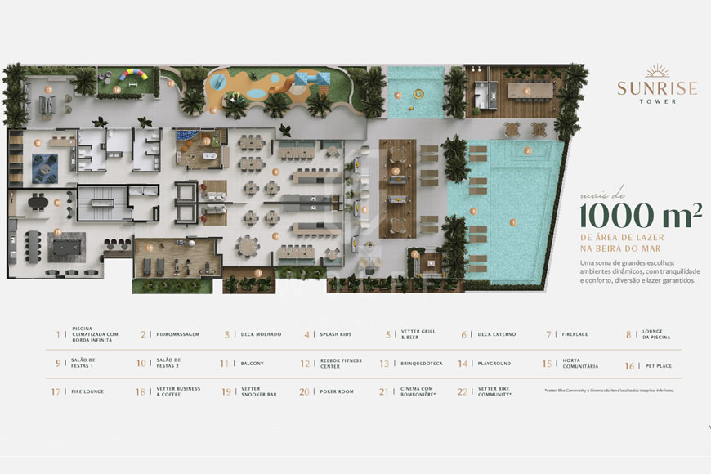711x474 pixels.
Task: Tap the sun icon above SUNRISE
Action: [657, 72]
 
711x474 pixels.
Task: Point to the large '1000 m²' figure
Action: [641, 216]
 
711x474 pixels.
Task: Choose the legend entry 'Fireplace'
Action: [575, 334]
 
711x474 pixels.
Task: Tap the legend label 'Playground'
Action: [495, 364]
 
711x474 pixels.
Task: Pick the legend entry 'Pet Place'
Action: [659, 365]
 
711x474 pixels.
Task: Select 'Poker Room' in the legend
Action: [338, 392]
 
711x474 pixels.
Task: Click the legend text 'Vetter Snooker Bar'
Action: [259, 392]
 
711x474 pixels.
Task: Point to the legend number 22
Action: [463, 392]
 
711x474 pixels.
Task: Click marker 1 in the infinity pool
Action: [512, 221]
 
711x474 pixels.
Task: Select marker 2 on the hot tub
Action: [528, 151]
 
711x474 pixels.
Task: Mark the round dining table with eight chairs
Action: [248, 244]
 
